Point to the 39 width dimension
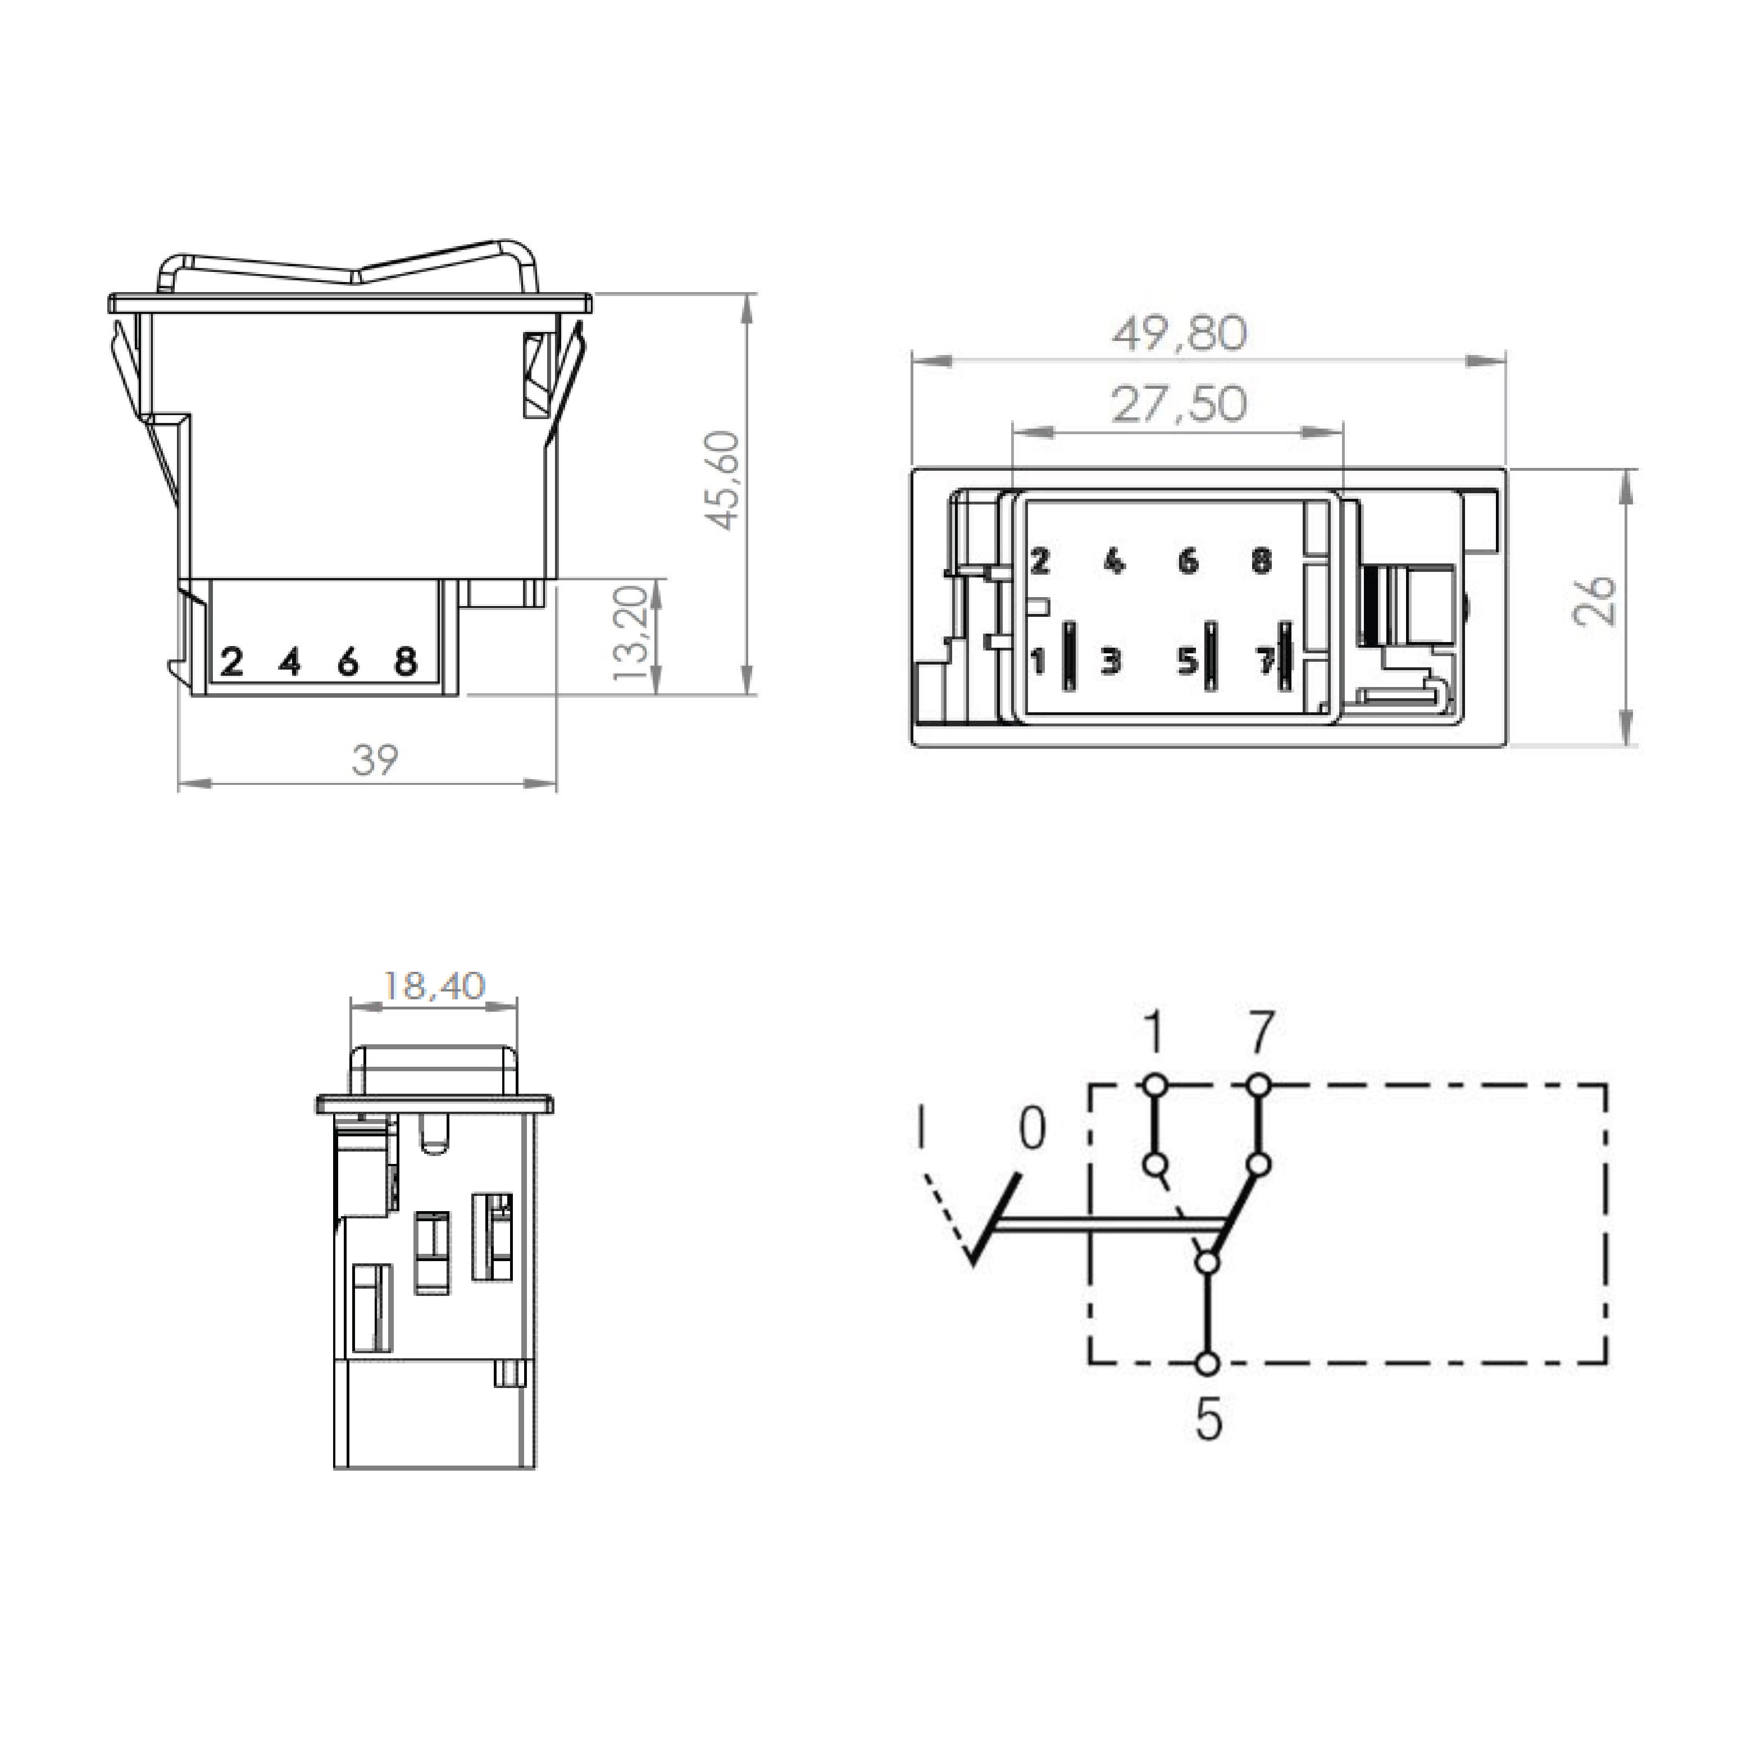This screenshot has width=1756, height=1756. tap(375, 760)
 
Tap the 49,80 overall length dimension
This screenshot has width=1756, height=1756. tap(1180, 334)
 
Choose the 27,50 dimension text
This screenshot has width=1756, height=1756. tap(1180, 404)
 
